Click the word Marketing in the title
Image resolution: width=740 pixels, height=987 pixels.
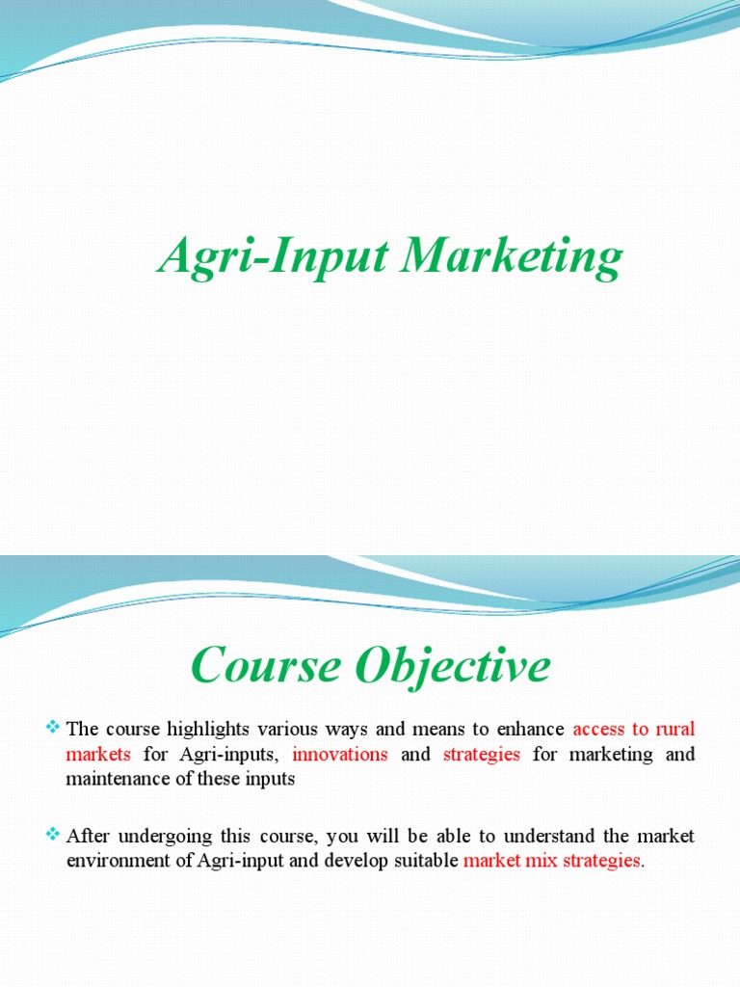(512, 258)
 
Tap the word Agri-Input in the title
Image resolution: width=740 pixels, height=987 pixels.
(271, 258)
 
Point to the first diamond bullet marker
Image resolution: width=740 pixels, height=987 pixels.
(53, 726)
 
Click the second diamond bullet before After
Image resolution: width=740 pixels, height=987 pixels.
(53, 833)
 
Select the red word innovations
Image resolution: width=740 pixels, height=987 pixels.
(340, 754)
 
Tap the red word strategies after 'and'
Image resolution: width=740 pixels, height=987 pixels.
(481, 754)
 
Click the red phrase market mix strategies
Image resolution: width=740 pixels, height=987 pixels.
(551, 861)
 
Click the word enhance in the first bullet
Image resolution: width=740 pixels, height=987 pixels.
(530, 728)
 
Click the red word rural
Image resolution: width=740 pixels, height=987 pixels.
(674, 728)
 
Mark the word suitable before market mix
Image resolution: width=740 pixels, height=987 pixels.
(426, 861)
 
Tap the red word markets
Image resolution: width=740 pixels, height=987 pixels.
(97, 754)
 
